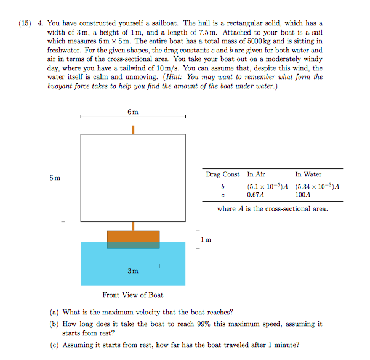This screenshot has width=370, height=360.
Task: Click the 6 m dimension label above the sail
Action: point(133,112)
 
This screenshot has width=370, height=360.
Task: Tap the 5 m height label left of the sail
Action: point(55,178)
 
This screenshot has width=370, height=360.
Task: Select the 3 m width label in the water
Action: point(133,271)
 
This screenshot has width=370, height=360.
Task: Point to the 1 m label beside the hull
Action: point(207,239)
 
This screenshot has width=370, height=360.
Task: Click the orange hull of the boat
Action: point(133,237)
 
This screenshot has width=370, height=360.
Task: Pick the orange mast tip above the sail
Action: point(133,129)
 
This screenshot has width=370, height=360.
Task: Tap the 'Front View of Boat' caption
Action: point(133,295)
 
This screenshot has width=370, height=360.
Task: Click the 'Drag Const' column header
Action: point(223,174)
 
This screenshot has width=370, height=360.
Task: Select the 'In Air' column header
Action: point(256,174)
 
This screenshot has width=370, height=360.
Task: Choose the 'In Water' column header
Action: point(308,174)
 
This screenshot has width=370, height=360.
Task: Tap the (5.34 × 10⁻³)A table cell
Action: point(318,186)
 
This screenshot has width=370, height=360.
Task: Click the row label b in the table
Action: point(222,186)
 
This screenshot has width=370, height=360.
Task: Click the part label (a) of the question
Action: point(56,312)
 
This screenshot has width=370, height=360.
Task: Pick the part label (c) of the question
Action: point(56,345)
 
